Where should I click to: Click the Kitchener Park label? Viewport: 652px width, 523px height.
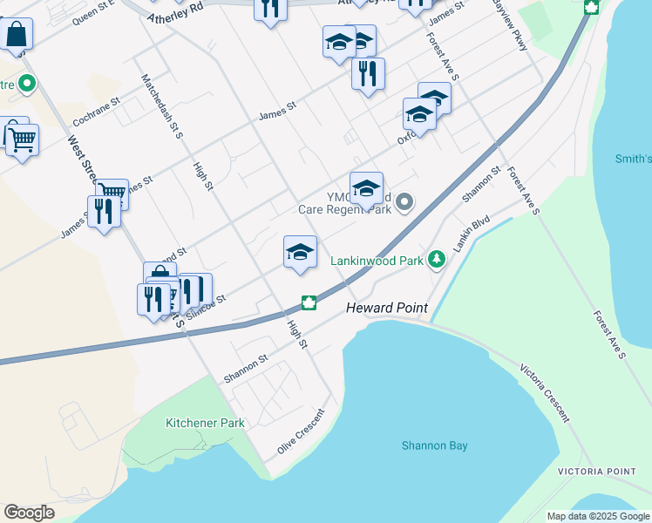click(206, 423)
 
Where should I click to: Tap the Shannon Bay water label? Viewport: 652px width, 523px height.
click(434, 445)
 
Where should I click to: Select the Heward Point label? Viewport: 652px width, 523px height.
click(386, 309)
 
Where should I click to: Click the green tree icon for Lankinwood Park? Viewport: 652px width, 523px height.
click(437, 260)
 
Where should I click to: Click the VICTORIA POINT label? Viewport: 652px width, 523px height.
click(596, 472)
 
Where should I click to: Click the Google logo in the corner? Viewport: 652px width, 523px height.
click(29, 512)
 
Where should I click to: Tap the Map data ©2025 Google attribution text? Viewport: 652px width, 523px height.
click(598, 516)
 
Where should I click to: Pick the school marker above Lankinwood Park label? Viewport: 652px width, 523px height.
click(300, 252)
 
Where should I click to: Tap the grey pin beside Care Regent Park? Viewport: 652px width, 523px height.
click(404, 202)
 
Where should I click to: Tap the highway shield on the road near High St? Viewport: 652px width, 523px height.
click(308, 303)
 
